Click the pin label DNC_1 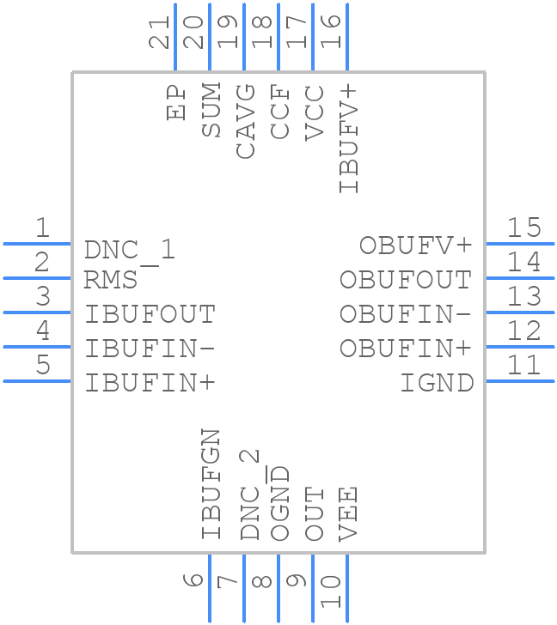(x=130, y=250)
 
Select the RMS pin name (x=111, y=280)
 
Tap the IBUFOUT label (x=150, y=314)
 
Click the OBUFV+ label (x=416, y=246)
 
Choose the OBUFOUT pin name (x=406, y=280)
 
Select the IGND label (x=437, y=383)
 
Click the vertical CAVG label (x=245, y=121)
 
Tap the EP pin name (x=177, y=101)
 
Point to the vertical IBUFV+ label (x=348, y=138)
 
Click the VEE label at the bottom (x=347, y=513)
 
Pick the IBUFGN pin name (x=211, y=484)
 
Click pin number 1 (x=41, y=228)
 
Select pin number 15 (x=523, y=228)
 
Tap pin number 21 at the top (x=159, y=32)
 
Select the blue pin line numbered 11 (x=519, y=380)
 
